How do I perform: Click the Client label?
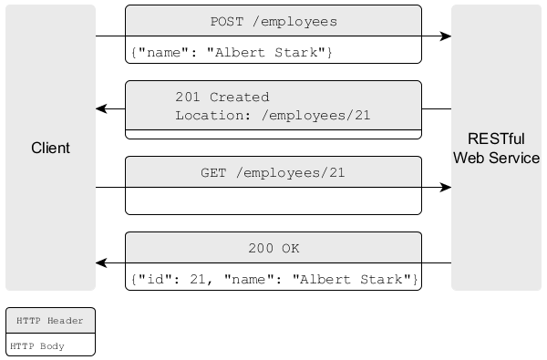[x=50, y=148]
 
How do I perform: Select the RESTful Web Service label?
[x=496, y=148]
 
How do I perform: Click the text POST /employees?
[x=273, y=21]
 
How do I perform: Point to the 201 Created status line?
[x=222, y=97]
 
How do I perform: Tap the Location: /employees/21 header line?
[x=273, y=116]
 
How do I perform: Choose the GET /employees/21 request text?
[x=273, y=172]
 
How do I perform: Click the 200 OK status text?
[x=273, y=248]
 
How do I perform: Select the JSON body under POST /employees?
[x=232, y=53]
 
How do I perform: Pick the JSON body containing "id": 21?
[x=273, y=278]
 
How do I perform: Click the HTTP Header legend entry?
[x=50, y=321]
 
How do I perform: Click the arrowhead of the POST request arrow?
[x=446, y=36]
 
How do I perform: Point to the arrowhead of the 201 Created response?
[x=102, y=109]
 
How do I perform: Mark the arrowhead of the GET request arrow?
[x=446, y=188]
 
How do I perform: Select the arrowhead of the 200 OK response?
[x=102, y=263]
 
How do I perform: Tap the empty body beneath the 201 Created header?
[x=273, y=133]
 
